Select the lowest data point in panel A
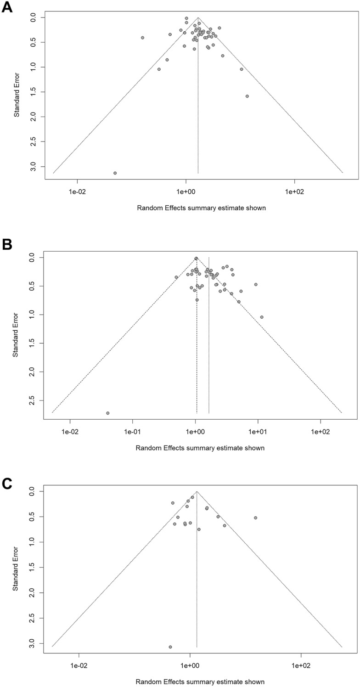point(115,173)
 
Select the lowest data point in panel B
point(107,413)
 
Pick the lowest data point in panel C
point(170,647)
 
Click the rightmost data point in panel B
point(262,317)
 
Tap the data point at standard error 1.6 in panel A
point(247,96)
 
